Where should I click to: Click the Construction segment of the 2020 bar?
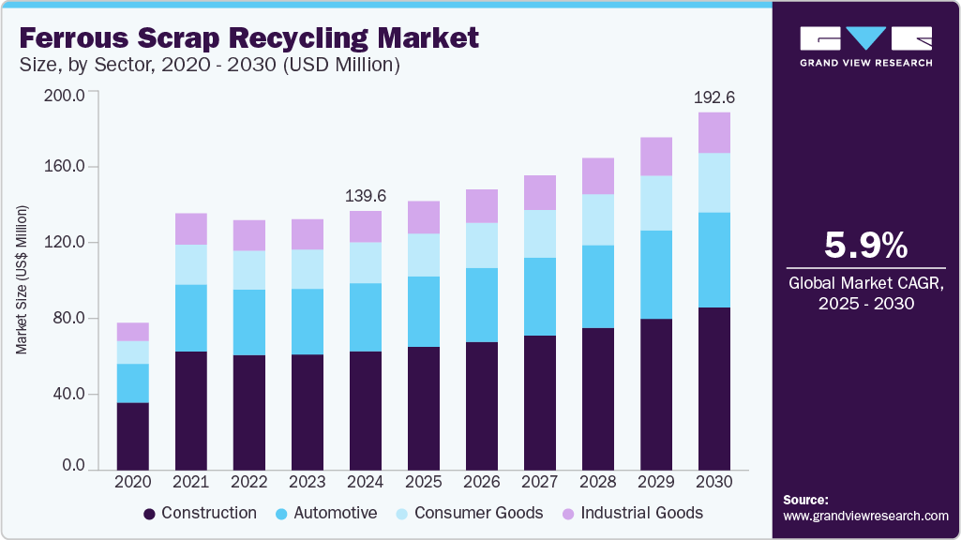(x=132, y=436)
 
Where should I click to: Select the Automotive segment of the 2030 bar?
(x=713, y=260)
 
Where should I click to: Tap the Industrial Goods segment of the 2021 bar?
(x=190, y=229)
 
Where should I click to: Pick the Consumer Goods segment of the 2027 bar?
(x=539, y=233)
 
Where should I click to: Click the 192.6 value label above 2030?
(x=713, y=97)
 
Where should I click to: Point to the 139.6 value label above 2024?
(x=365, y=196)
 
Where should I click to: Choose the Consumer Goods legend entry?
(x=468, y=513)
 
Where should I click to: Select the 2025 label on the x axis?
(x=423, y=481)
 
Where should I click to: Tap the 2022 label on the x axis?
(x=248, y=481)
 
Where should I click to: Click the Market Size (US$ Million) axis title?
(x=21, y=278)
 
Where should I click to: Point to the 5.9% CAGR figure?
(x=865, y=245)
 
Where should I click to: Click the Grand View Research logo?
(x=865, y=46)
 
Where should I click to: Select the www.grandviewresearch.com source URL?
(x=865, y=516)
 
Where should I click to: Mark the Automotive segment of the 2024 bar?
(x=365, y=317)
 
